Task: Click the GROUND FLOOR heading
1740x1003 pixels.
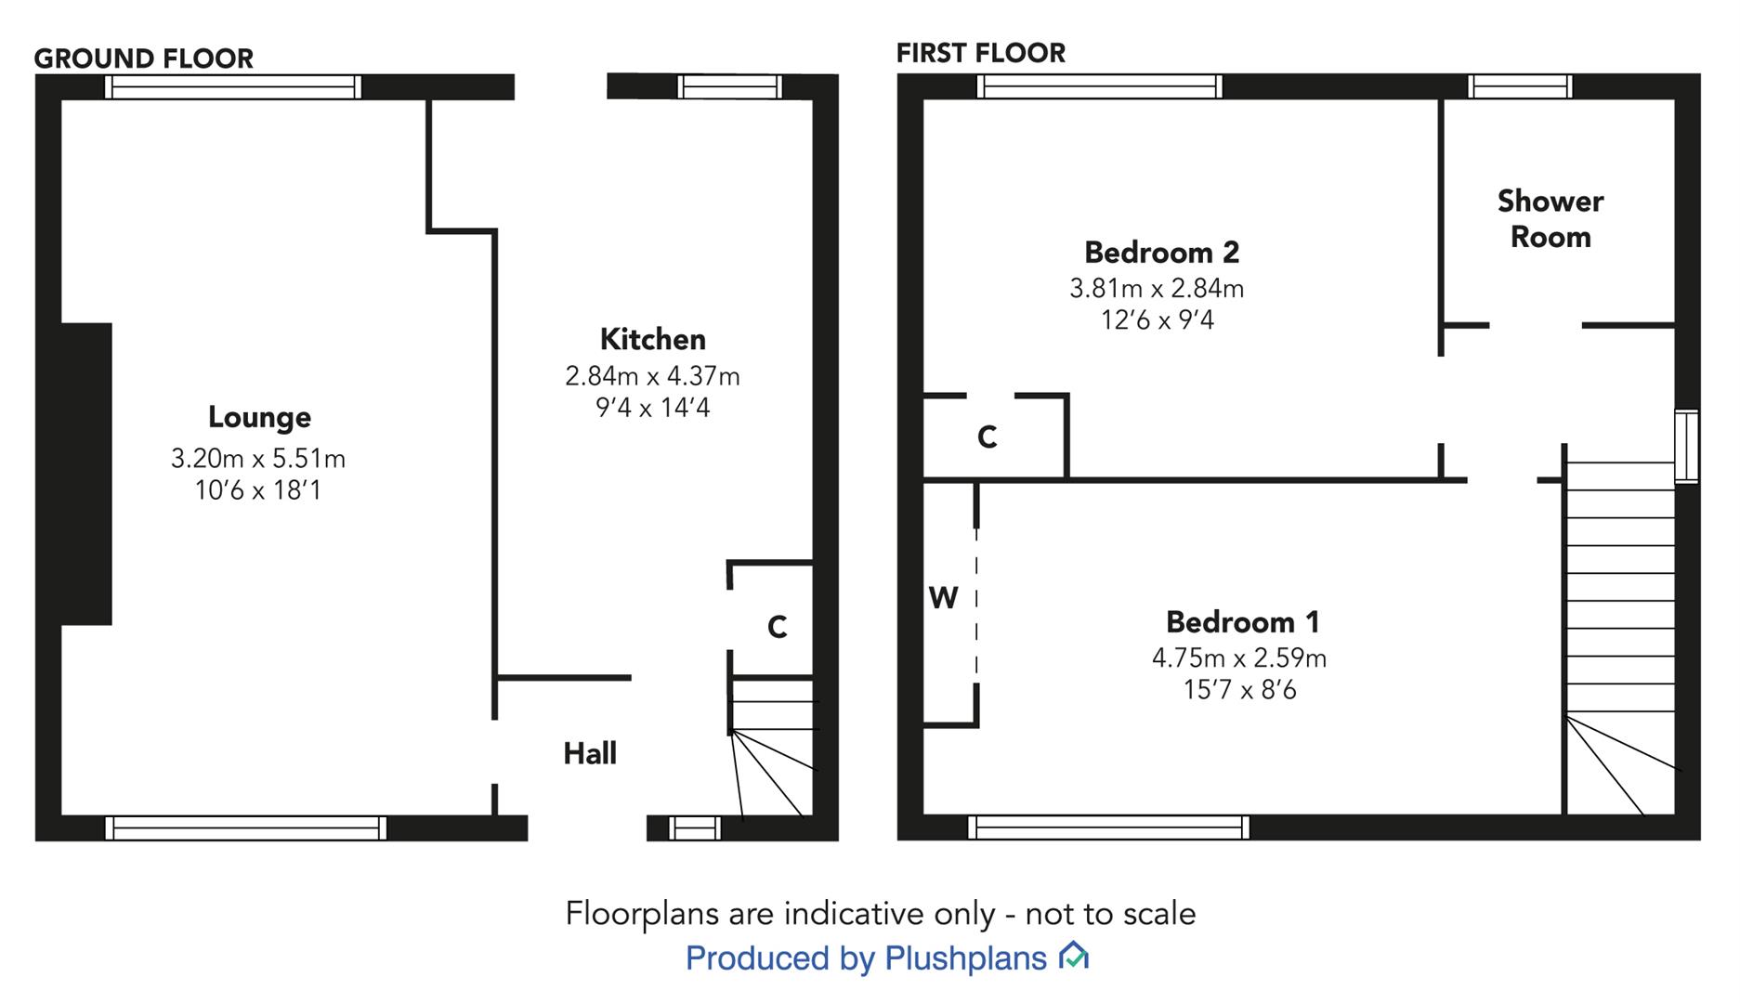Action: click(144, 59)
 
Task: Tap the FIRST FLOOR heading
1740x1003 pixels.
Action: click(981, 53)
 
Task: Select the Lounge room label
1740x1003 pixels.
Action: click(259, 417)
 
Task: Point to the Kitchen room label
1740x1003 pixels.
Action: click(652, 339)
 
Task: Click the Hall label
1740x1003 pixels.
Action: click(590, 753)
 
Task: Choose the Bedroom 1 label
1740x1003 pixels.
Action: click(1242, 621)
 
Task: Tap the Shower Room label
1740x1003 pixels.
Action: click(1550, 219)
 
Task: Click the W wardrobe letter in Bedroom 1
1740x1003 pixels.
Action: click(943, 598)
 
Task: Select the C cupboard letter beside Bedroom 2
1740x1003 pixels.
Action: click(987, 436)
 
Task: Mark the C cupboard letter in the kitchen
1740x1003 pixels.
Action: click(778, 628)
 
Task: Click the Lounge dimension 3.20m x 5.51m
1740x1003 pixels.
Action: click(258, 458)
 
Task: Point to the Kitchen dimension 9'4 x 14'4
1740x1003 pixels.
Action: click(652, 408)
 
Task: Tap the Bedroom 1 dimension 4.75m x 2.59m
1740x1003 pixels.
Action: click(1239, 658)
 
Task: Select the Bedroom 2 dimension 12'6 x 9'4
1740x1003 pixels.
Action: click(1157, 320)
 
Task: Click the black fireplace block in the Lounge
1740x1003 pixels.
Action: click(85, 474)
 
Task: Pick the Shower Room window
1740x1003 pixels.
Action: click(1520, 86)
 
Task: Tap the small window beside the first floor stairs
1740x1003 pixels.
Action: click(1686, 447)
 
